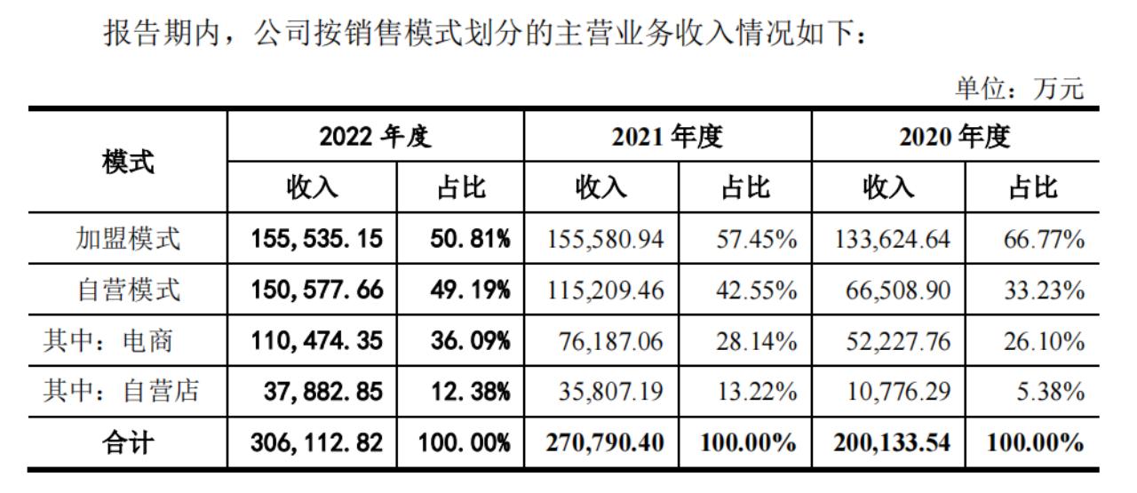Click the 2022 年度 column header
pos(375,137)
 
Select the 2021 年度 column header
pos(667,137)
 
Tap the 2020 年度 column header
pos(955,137)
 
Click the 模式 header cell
pos(128,162)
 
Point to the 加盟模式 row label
pos(128,238)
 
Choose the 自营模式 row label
pos(128,290)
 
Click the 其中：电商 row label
pos(107,341)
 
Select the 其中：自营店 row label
pos(121,392)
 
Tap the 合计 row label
pos(128,442)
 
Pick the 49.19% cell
pos(460,290)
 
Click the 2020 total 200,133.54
pos(892,442)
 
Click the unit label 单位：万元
pos(1019,89)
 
